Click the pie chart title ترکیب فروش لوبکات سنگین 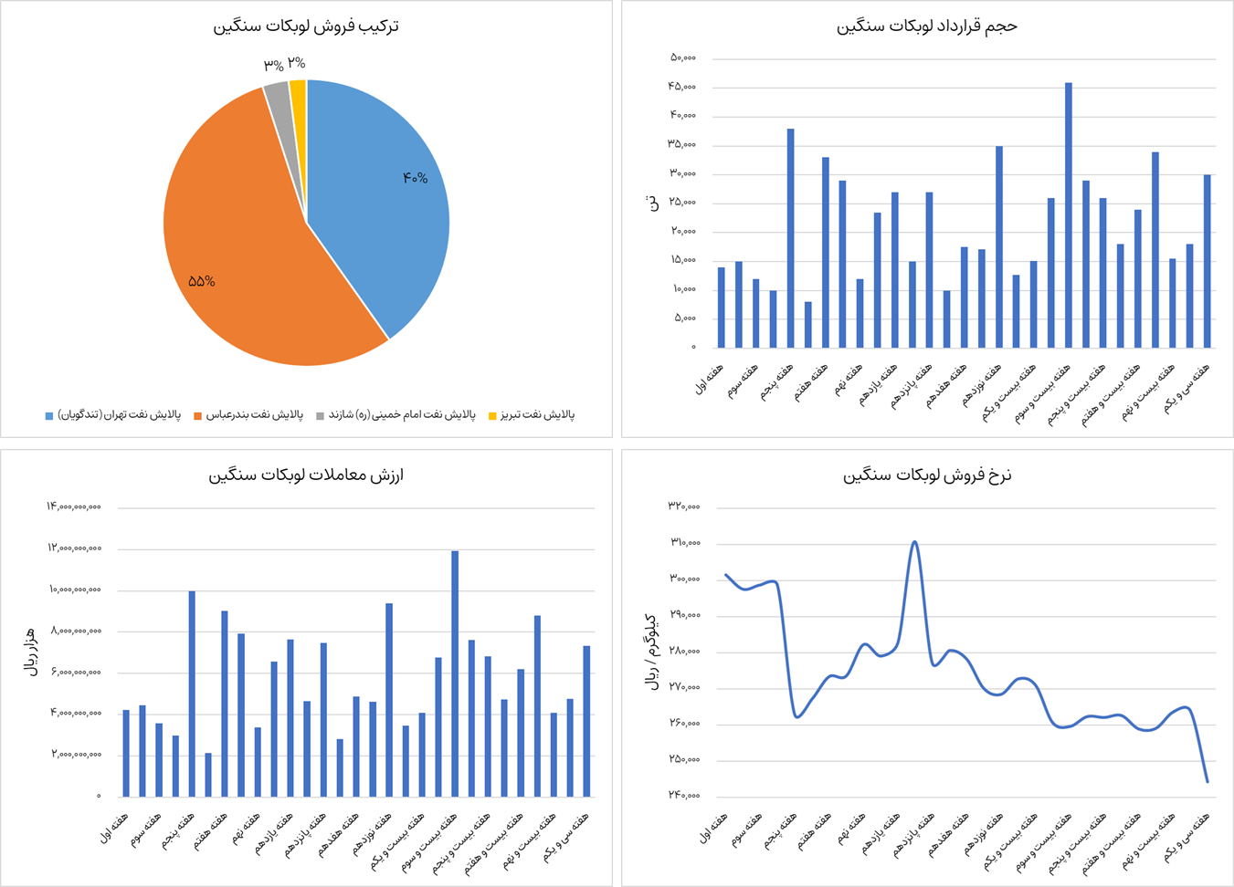click(306, 26)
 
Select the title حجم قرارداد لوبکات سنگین click(926, 26)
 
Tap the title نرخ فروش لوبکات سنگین click(927, 475)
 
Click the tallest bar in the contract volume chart click(1069, 215)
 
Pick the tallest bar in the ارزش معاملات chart click(455, 673)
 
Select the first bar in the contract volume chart click(722, 308)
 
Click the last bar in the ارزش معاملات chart click(586, 721)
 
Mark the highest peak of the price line click(914, 542)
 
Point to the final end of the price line click(1208, 781)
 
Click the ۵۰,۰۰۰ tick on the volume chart click(683, 58)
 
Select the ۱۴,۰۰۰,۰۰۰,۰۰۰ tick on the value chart click(74, 506)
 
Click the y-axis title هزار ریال click(29, 651)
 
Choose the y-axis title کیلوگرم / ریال click(652, 651)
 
